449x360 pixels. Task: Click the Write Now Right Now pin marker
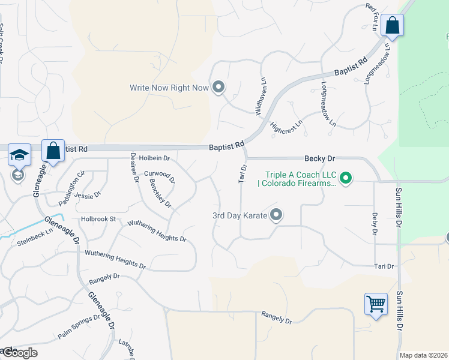(x=218, y=88)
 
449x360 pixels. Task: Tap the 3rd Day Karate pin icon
(x=276, y=214)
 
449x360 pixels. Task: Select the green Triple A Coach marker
(x=345, y=178)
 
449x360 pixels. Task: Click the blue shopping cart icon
(x=376, y=303)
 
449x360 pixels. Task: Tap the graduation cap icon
(x=19, y=155)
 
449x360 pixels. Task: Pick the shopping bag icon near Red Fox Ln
(x=392, y=26)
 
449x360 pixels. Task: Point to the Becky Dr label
(x=319, y=158)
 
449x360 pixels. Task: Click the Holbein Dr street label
(x=155, y=158)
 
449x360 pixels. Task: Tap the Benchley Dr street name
(x=160, y=193)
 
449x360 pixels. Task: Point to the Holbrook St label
(x=98, y=219)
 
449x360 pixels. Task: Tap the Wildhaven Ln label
(x=261, y=96)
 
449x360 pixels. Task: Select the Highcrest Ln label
(x=287, y=127)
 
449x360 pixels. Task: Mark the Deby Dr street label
(x=374, y=223)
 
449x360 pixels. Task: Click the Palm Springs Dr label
(x=78, y=326)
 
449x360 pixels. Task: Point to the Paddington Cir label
(x=71, y=179)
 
